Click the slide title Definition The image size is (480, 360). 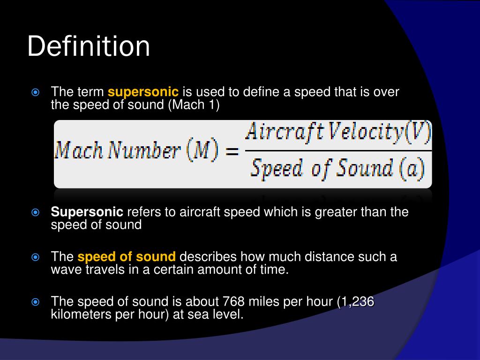(89, 47)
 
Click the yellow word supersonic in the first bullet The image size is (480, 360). (143, 92)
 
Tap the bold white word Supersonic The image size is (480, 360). (87, 212)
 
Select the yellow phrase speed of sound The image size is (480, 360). (127, 257)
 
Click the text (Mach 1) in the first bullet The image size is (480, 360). (194, 105)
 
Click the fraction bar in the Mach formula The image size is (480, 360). (337, 151)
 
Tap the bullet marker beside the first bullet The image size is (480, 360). (35, 92)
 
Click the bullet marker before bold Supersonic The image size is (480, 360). (35, 212)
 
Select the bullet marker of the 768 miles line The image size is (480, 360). (35, 302)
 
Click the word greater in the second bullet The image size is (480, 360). (335, 212)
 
